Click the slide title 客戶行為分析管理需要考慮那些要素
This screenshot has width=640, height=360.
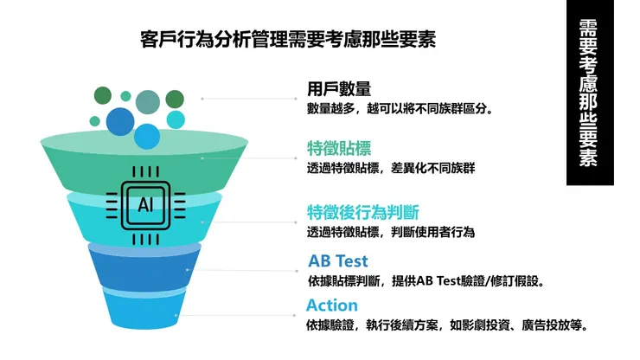click(x=288, y=39)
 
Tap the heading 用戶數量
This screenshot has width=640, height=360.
click(x=339, y=88)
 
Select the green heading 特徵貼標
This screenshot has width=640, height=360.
click(x=339, y=148)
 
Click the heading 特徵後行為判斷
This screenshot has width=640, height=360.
click(x=363, y=212)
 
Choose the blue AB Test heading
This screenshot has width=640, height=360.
click(x=337, y=260)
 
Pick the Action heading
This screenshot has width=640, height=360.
click(x=331, y=305)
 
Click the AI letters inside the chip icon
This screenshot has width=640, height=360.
click(x=144, y=205)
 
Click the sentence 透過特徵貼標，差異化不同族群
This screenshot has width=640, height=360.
click(x=390, y=168)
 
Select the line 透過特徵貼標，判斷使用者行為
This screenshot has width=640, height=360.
click(x=390, y=232)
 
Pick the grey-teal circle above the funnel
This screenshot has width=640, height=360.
click(x=148, y=102)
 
